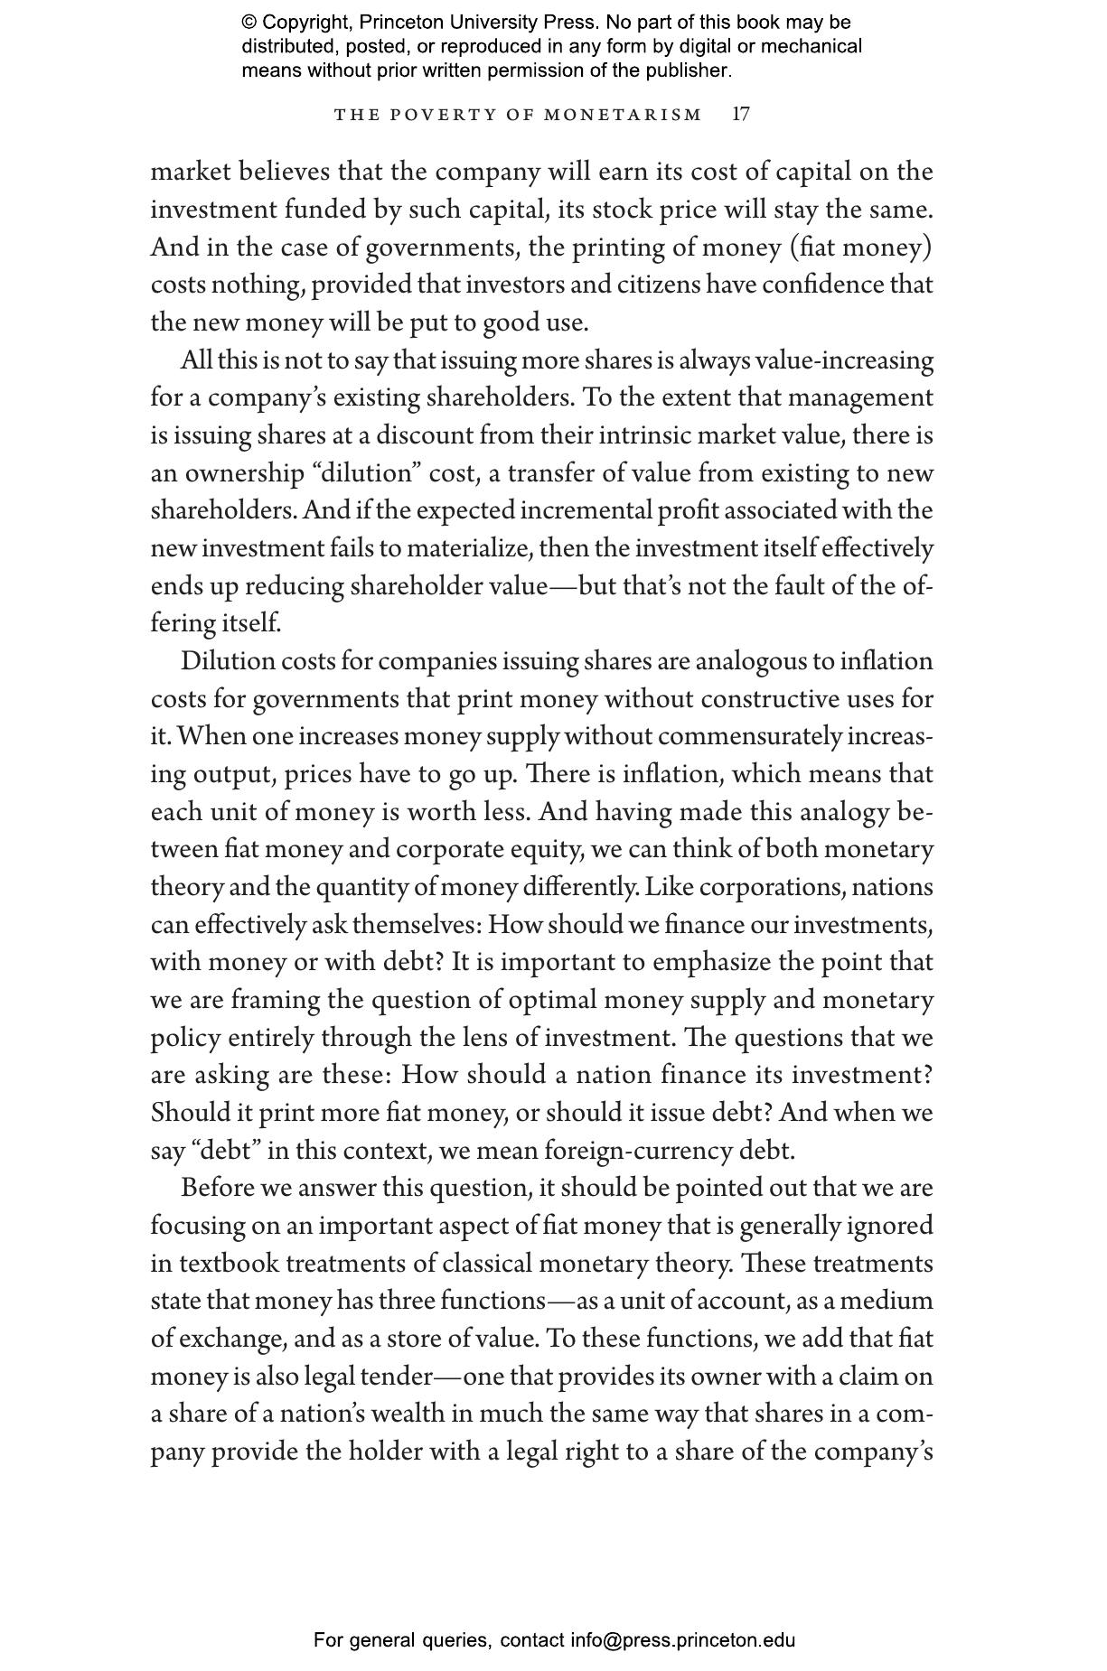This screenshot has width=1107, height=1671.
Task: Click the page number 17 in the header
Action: click(x=740, y=115)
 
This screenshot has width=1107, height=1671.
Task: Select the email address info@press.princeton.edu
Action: click(x=682, y=1640)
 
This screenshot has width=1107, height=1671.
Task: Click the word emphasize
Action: click(x=712, y=962)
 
